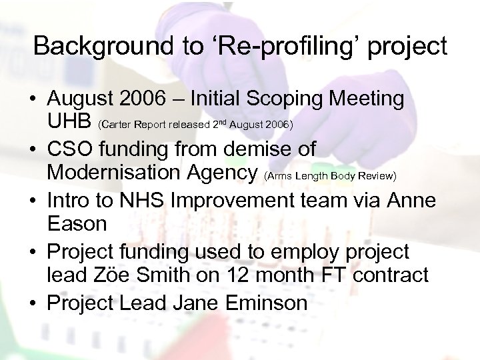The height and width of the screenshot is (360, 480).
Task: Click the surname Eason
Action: (77, 224)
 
